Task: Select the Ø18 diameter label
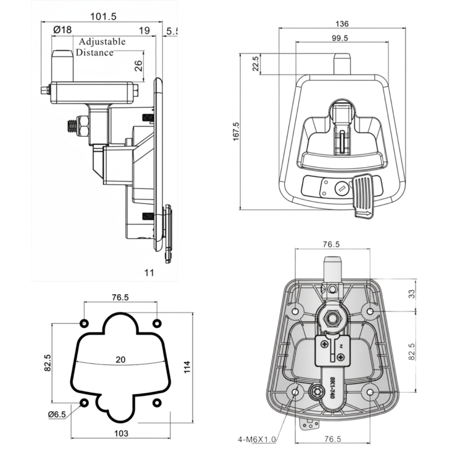(62, 30)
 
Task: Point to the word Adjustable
(102, 41)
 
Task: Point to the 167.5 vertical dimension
(236, 132)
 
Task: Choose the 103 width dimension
(121, 433)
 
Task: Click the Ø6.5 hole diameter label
(57, 414)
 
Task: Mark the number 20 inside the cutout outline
(120, 360)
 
